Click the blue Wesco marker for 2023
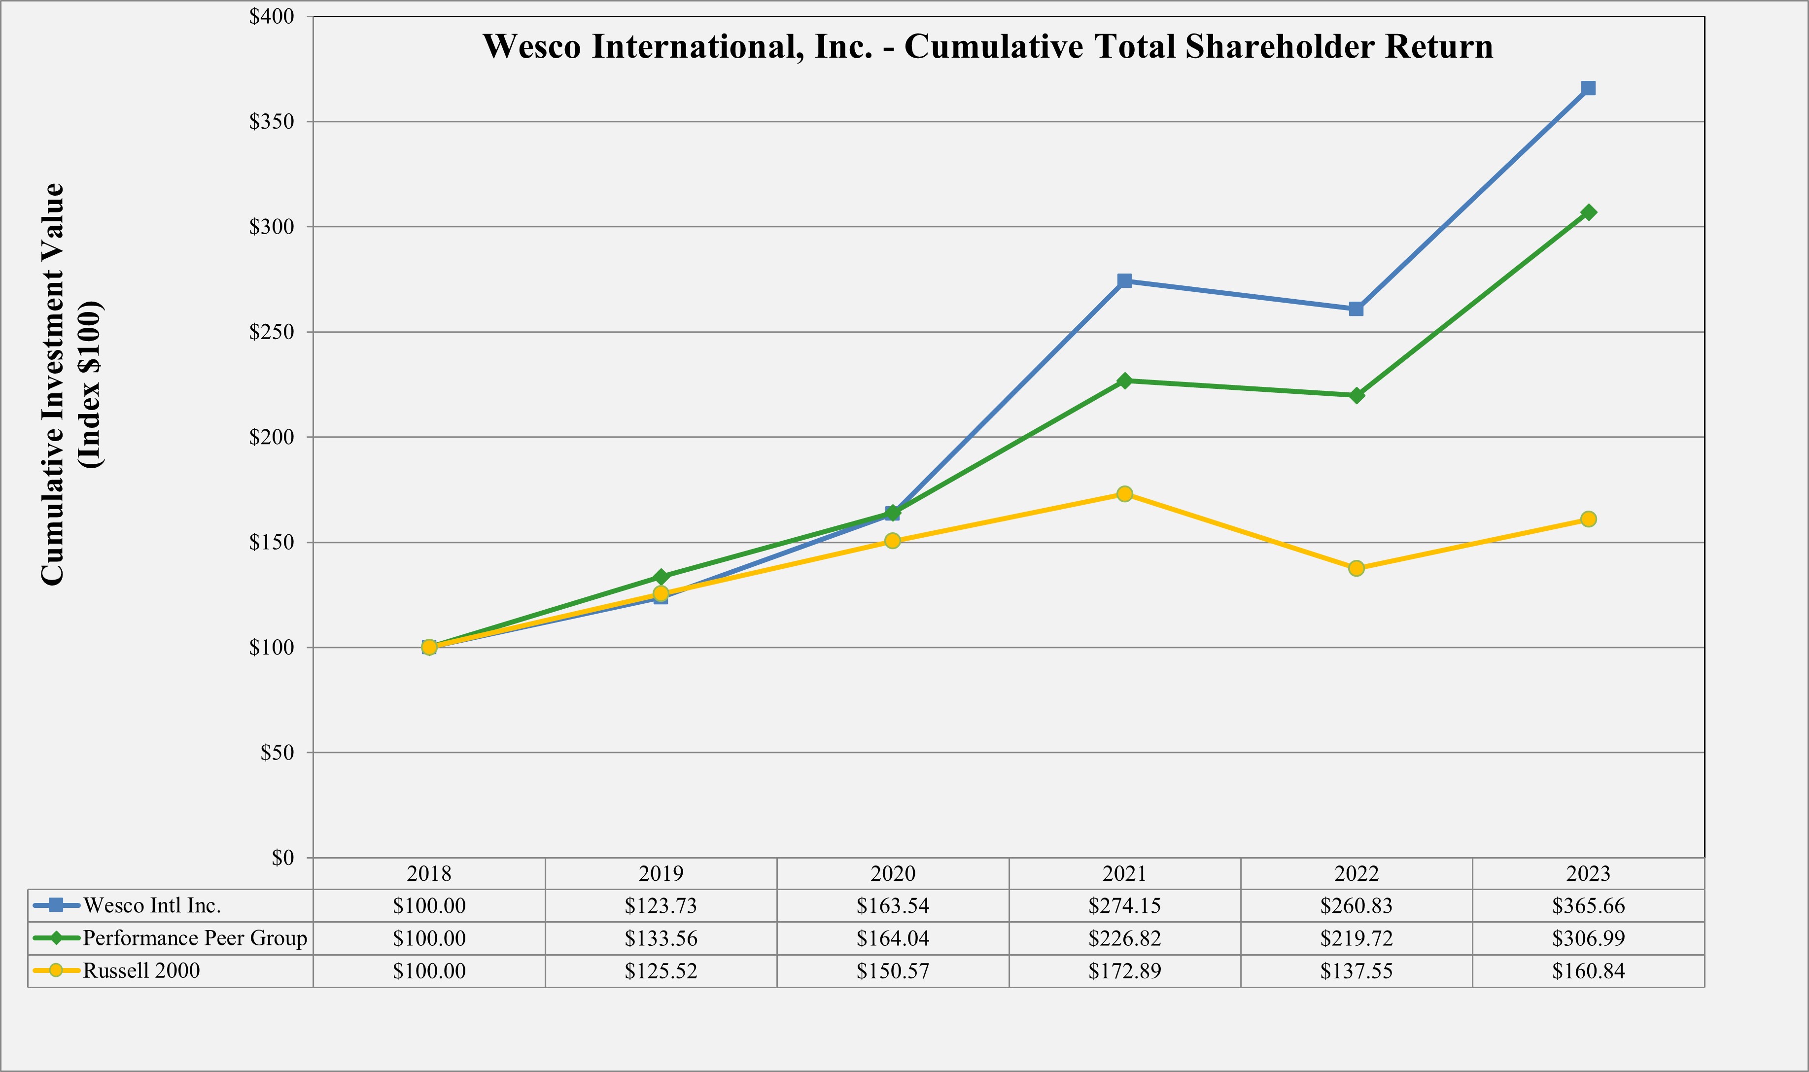pos(1588,88)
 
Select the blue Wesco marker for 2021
pos(1124,281)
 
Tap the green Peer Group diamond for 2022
pos(1356,395)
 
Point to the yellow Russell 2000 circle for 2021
pos(1124,494)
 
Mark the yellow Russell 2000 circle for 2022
pos(1356,568)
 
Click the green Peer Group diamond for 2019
pos(661,577)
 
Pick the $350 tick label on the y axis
pos(271,121)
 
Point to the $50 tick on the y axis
pos(277,753)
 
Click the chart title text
pos(988,46)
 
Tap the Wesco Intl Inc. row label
pos(152,905)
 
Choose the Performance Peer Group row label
pos(195,937)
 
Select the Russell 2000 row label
pos(141,970)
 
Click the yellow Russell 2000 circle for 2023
pos(1588,519)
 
